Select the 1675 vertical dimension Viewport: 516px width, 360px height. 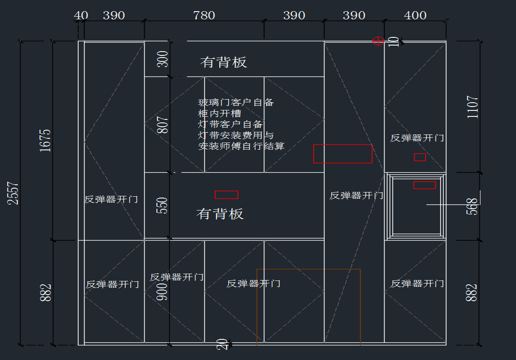(x=45, y=140)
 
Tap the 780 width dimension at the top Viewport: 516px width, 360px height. (x=204, y=16)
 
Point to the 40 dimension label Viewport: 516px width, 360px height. (x=81, y=16)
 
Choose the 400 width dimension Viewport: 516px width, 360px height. (x=415, y=16)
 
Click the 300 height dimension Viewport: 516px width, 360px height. (x=163, y=59)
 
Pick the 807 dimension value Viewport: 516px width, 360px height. (x=163, y=125)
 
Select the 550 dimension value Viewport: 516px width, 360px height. (x=163, y=206)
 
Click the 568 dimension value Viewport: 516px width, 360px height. (x=472, y=207)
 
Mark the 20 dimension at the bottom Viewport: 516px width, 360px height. (x=222, y=344)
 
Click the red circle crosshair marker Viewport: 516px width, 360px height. (x=378, y=41)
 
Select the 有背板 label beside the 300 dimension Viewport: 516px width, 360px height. (x=224, y=62)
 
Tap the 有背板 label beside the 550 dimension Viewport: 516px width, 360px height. (x=220, y=214)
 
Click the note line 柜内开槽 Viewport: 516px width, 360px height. (x=220, y=114)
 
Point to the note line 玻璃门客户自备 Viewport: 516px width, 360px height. (x=236, y=103)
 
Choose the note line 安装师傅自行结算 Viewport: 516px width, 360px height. (x=241, y=146)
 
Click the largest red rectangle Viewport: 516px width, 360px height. (x=343, y=154)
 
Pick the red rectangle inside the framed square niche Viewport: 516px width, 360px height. (x=424, y=185)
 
